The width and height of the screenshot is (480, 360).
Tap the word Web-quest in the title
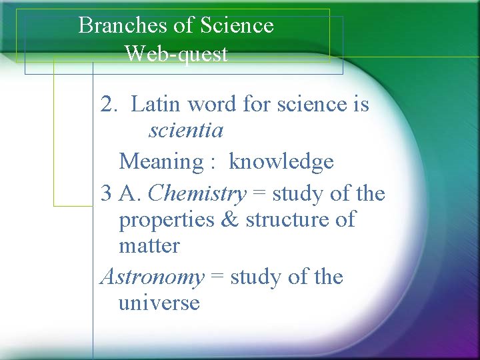[x=176, y=53]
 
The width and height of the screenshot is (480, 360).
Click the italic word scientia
[x=186, y=131]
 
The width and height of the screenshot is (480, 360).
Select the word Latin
[x=157, y=105]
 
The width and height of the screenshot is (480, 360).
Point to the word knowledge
[x=281, y=162]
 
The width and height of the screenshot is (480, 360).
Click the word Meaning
[x=160, y=162]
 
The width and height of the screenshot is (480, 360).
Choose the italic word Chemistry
[x=197, y=194]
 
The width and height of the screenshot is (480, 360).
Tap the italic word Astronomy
[x=152, y=277]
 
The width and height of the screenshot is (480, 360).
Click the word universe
[x=159, y=303]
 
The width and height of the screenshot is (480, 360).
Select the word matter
[x=149, y=246]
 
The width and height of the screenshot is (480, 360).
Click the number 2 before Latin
[x=106, y=105]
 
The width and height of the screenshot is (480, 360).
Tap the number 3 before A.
[x=105, y=195]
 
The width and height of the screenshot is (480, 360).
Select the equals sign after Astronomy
[x=217, y=277]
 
